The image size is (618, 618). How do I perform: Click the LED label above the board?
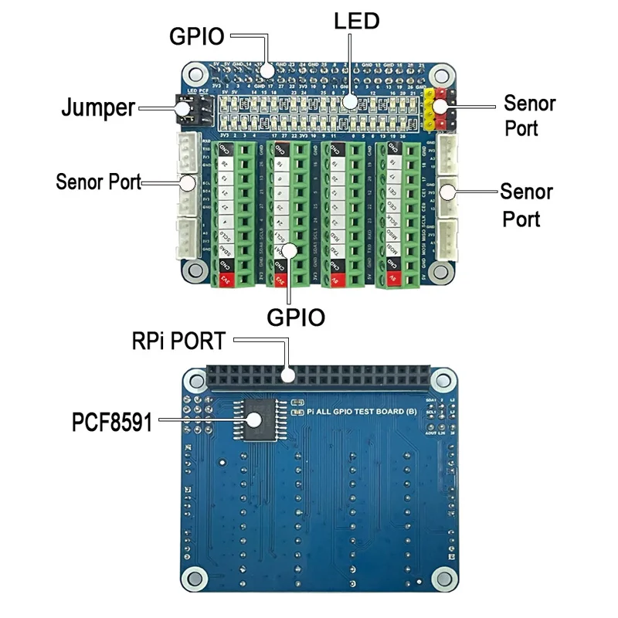[x=356, y=21]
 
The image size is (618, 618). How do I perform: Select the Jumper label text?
[x=98, y=107]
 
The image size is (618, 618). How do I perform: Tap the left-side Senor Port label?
[x=99, y=182]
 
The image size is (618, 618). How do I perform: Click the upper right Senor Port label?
[x=529, y=114]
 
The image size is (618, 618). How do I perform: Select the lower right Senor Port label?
[x=525, y=205]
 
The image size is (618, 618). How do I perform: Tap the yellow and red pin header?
[x=437, y=110]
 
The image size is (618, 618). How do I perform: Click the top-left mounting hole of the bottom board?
[x=192, y=379]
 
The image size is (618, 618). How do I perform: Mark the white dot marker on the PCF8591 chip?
[x=253, y=420]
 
